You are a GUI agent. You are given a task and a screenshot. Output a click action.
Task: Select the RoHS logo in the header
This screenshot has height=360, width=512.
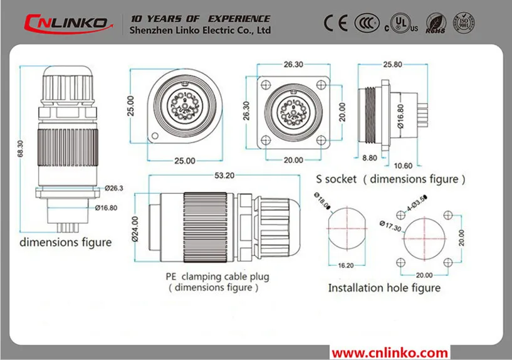click(x=435, y=24)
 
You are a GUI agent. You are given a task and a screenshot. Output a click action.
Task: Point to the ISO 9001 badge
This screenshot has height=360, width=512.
click(x=464, y=23)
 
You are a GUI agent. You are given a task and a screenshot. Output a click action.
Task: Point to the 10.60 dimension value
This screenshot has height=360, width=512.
click(x=405, y=166)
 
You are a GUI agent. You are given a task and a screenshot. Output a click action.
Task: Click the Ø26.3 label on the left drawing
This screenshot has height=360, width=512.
click(x=114, y=188)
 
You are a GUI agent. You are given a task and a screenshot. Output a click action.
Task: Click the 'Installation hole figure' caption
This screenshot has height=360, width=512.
click(x=384, y=288)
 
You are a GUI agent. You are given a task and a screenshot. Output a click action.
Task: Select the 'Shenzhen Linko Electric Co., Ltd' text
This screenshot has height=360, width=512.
click(x=200, y=29)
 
